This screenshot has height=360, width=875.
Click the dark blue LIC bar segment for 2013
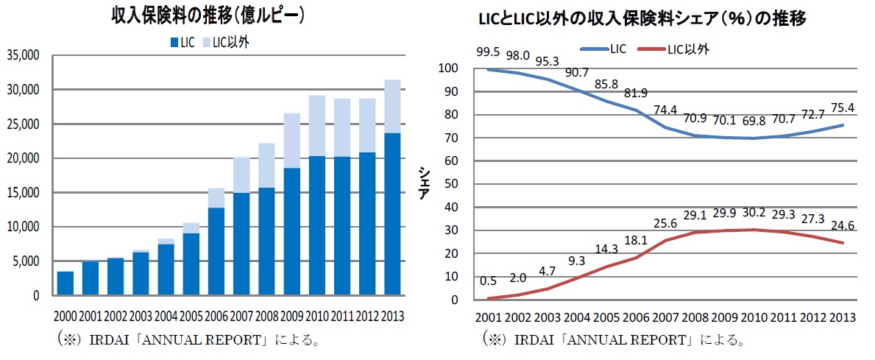point(392,213)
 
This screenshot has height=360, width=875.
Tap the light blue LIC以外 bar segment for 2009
point(292,141)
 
